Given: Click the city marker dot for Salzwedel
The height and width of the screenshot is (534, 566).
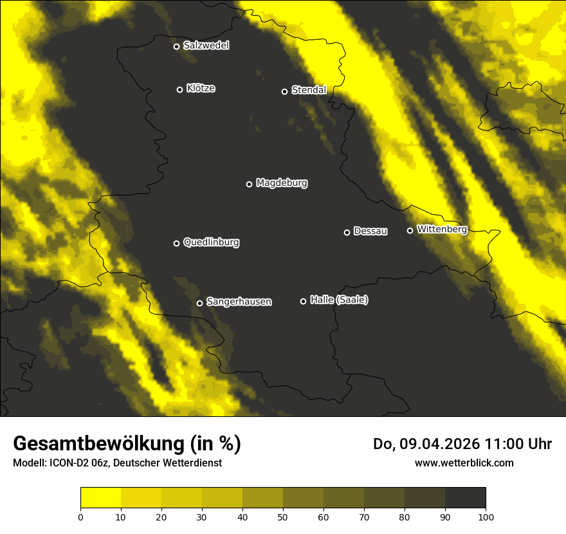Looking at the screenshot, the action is coord(176,46).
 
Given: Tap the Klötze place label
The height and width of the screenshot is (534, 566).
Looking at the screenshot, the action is coord(201,89).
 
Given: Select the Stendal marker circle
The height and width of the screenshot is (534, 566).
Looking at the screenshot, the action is coord(284,91).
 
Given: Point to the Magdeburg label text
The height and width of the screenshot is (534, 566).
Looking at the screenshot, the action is coord(282,183).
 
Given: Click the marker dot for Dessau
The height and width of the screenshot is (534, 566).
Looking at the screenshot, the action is coord(347,232).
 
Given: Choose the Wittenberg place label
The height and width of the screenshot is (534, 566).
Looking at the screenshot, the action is coord(442,229).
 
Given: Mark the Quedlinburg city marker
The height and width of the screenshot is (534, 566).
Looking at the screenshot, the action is coord(176,243).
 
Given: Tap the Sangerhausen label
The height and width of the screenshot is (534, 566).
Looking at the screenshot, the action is coord(239,302).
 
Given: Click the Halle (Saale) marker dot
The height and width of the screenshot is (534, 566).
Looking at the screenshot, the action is coord(303,301).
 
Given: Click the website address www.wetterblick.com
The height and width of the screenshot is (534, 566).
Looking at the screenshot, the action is coord(464,463).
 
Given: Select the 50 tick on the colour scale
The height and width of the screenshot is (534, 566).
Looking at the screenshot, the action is coord(283,517).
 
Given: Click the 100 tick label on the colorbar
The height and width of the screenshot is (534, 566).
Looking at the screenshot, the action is coord(486,517).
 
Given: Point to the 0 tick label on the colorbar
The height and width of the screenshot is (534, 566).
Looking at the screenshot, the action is coord(80,517).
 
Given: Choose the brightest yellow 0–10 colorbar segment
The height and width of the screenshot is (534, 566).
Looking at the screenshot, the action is coord(100,498).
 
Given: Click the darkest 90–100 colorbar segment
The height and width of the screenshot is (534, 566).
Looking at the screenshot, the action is coord(465,498).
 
